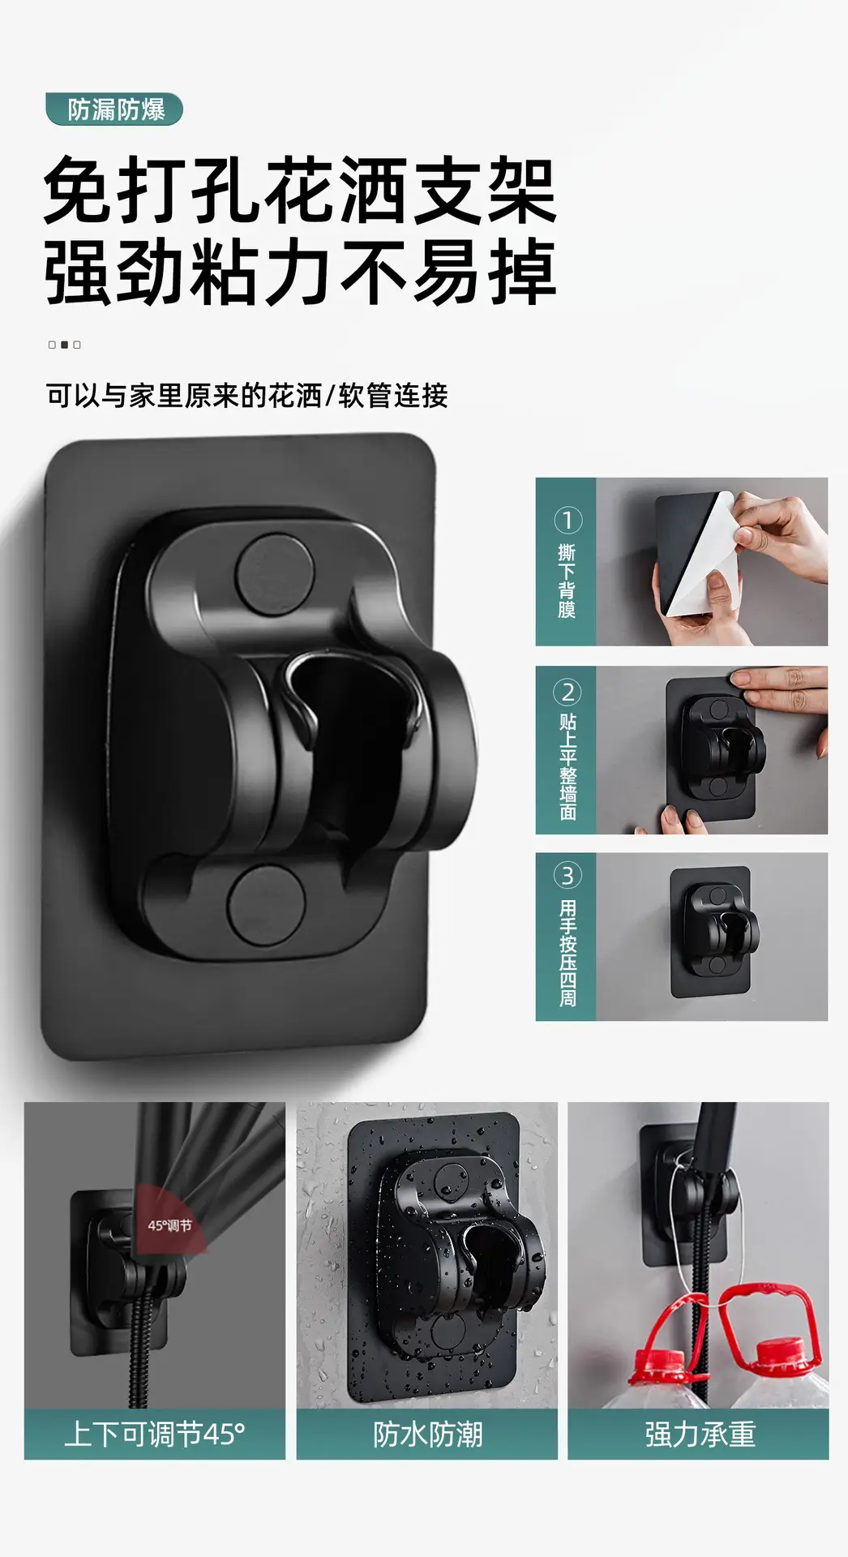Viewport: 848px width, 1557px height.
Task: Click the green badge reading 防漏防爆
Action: point(114,109)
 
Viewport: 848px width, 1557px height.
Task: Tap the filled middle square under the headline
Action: point(64,345)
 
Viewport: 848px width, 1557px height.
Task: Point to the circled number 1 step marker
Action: point(567,520)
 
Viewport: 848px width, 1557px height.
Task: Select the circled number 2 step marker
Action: point(567,692)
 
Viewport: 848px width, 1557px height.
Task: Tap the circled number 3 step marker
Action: point(567,876)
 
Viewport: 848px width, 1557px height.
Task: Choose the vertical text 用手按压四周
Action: point(567,953)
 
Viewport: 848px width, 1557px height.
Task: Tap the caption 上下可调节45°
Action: point(154,1435)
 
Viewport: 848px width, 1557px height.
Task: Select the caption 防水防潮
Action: point(427,1435)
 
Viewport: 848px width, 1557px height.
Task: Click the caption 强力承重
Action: point(700,1435)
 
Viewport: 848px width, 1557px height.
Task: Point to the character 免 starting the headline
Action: point(78,190)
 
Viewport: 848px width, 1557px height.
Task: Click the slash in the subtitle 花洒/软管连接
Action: point(330,396)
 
